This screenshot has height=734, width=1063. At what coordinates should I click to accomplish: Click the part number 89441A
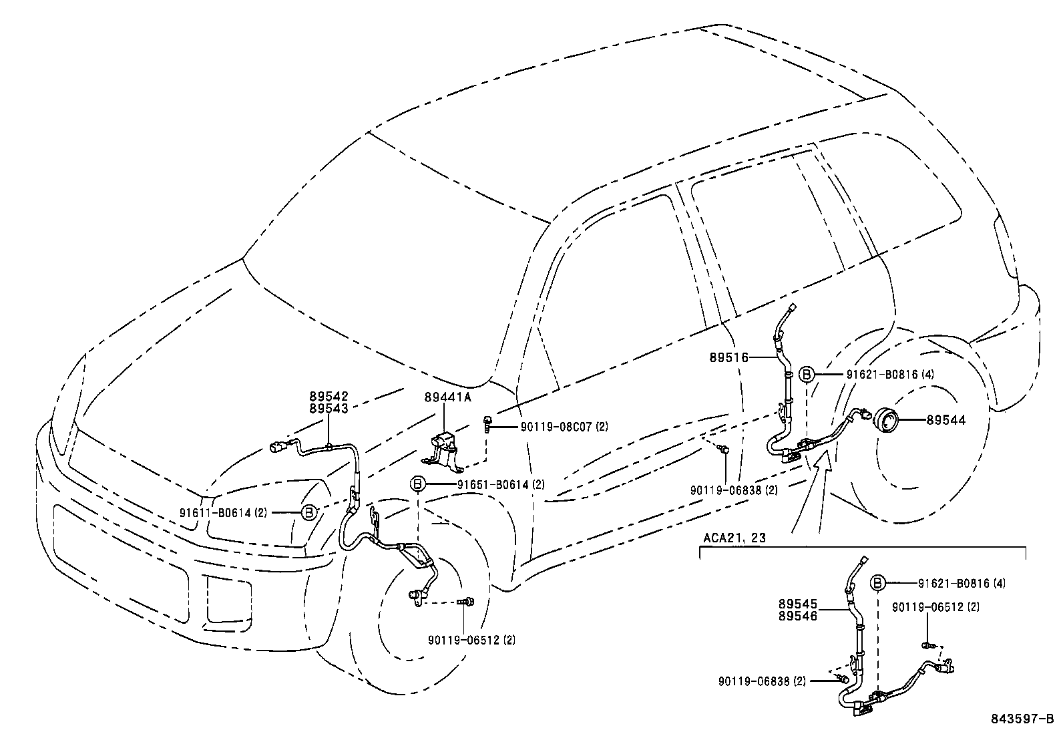pos(447,397)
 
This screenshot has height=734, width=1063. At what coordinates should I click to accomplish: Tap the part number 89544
pos(945,420)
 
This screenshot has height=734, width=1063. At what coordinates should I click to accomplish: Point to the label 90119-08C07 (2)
pos(564,426)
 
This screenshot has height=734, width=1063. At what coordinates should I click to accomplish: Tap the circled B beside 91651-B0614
pos(417,484)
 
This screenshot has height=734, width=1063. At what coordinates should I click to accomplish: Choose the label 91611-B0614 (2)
pos(223,513)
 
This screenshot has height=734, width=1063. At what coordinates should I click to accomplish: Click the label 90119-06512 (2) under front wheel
pos(472,640)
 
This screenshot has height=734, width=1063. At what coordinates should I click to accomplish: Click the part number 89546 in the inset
pos(797,616)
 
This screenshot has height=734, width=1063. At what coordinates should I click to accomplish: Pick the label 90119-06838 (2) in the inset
pos(762,681)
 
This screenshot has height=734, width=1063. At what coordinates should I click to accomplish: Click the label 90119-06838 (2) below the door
pos(734,490)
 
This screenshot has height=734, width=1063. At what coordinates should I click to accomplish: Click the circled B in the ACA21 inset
pos(878,584)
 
